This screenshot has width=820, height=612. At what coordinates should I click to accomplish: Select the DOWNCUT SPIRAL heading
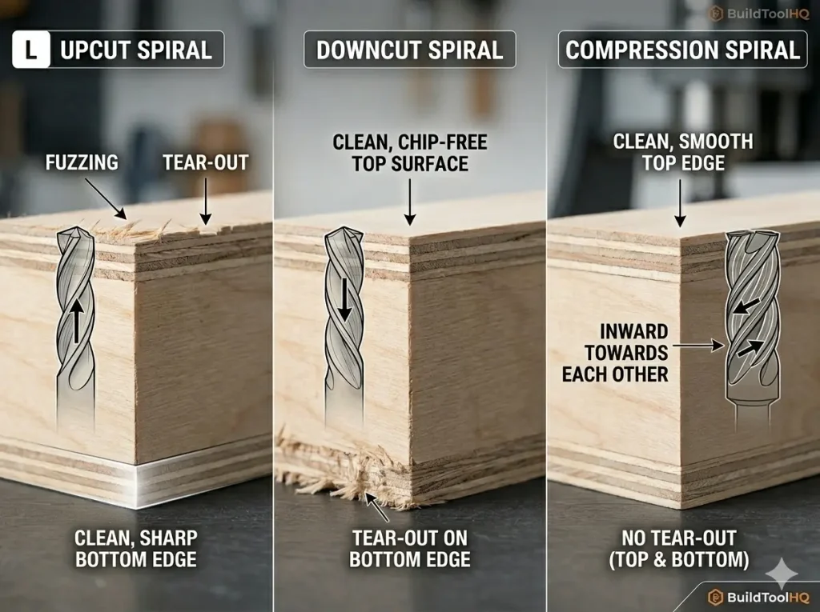coord(409,50)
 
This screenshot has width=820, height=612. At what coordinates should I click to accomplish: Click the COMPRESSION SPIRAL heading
coord(682,50)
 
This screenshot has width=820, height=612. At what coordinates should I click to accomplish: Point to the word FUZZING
coord(81,162)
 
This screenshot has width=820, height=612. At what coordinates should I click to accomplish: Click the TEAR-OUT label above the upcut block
coord(206,162)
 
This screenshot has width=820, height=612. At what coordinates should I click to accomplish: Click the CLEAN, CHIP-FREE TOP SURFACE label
coord(410,153)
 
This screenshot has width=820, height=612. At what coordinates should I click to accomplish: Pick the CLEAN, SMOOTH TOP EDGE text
coord(682,152)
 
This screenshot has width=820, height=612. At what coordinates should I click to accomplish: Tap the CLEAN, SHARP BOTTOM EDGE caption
coord(135,547)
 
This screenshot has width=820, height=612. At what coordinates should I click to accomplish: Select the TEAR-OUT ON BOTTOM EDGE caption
coord(409,547)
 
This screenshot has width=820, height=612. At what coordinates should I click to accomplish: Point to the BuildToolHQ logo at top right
coord(761,14)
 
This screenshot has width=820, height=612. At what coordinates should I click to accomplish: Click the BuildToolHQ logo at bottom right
coord(761,597)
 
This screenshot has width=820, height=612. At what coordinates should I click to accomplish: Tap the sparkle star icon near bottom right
coord(782,574)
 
